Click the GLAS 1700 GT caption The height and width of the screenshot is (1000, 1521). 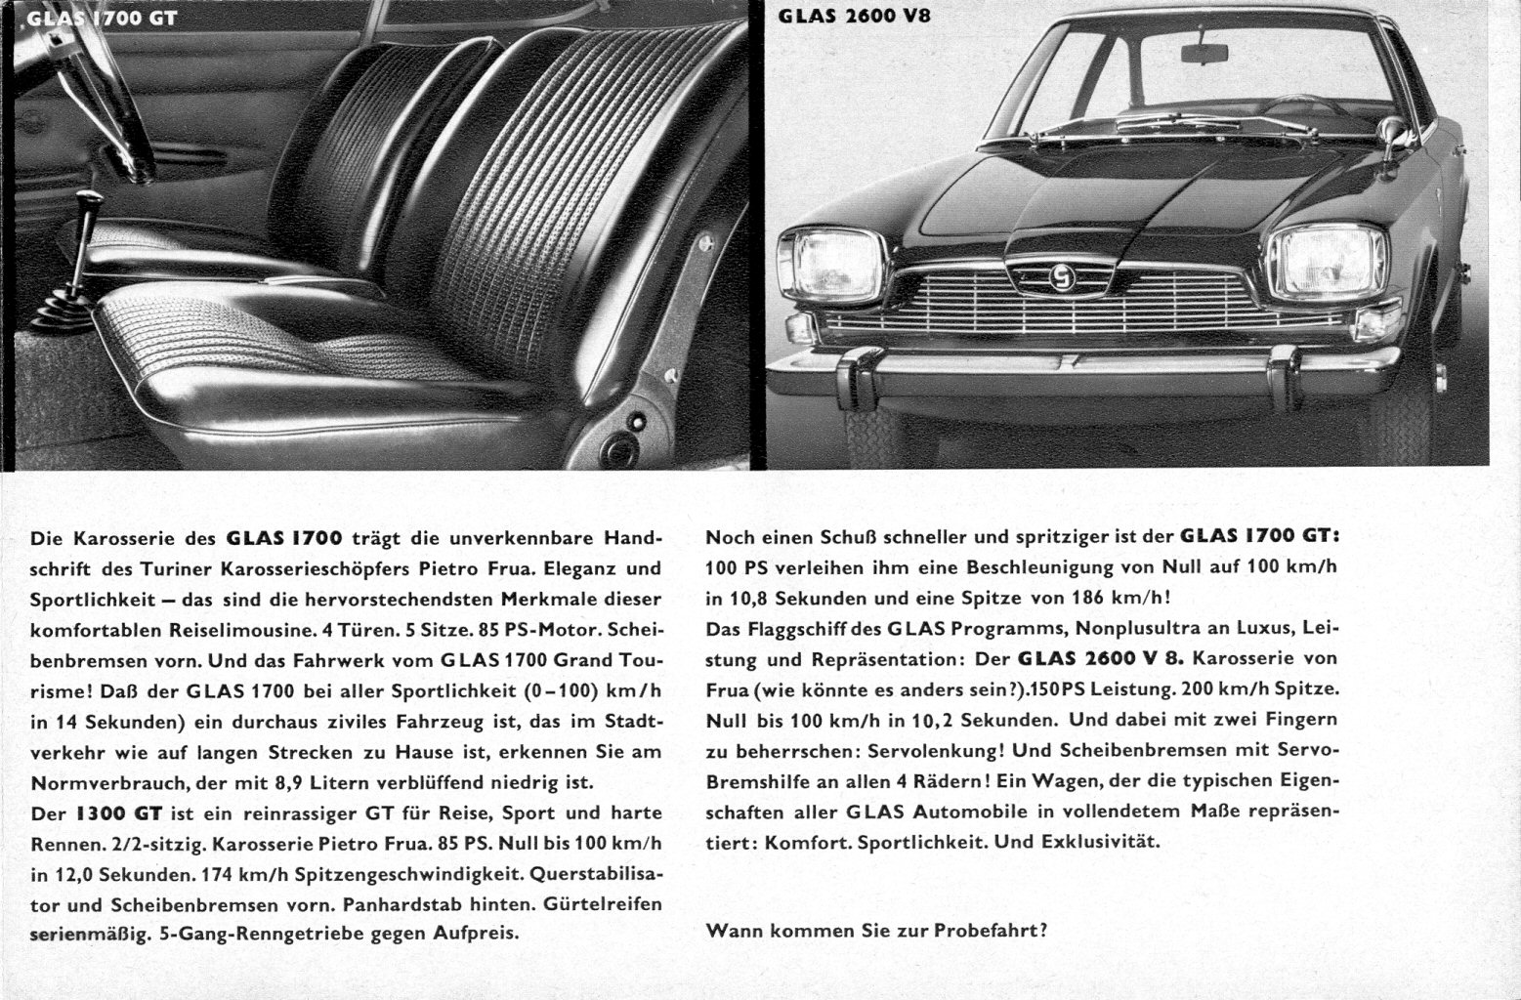pos(103,18)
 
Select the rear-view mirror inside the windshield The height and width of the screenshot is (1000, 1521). pos(1204,53)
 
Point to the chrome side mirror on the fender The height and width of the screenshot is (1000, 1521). pos(1393,132)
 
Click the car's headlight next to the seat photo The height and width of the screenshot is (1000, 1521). pos(829,263)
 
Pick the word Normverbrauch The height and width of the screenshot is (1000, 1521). pos(92,782)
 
